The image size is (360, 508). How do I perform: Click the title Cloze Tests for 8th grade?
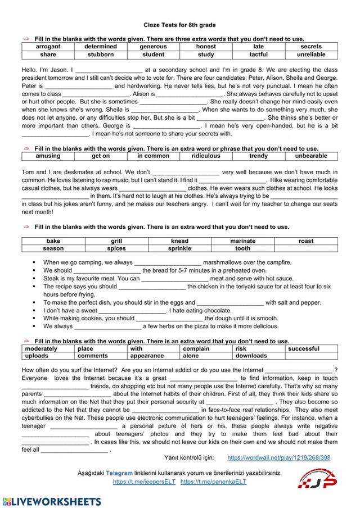tap(179, 25)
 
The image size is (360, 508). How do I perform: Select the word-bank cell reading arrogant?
tap(48, 47)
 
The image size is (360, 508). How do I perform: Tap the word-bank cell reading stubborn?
tap(101, 55)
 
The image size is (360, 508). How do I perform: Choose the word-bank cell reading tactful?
tap(258, 55)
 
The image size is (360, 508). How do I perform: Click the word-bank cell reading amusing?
tap(48, 156)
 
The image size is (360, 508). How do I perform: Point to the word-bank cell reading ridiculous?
tap(206, 156)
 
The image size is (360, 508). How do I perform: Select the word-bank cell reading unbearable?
tap(311, 156)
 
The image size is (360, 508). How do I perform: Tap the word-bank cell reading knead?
tap(179, 241)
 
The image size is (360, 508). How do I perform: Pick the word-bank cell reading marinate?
tap(242, 241)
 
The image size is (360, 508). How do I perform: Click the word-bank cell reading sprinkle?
tap(179, 248)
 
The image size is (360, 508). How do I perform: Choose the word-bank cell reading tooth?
tap(242, 248)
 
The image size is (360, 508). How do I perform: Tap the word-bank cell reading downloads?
tap(251, 356)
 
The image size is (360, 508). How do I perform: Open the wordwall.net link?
tap(278, 457)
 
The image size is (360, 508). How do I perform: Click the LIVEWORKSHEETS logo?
tap(52, 501)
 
